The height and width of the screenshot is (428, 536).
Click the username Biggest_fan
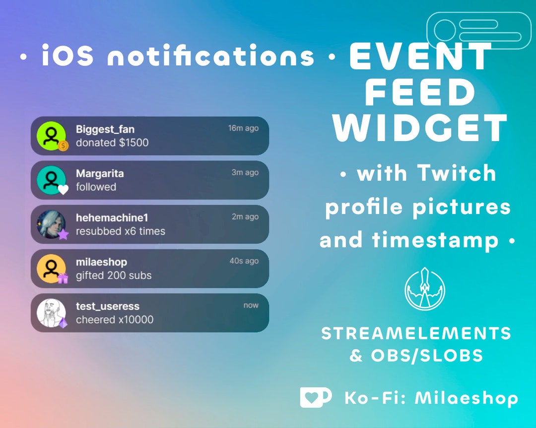[105, 130]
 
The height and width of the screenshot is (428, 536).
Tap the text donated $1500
[112, 143]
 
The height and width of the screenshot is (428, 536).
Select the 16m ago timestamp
[243, 128]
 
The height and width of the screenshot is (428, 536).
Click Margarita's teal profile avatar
[51, 179]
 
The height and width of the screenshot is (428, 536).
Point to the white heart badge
[63, 189]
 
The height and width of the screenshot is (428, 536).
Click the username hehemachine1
[112, 218]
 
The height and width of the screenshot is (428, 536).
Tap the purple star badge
[63, 234]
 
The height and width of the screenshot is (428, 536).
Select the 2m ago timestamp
[245, 217]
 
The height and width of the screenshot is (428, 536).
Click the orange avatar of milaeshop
[51, 268]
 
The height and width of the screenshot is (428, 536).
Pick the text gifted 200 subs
[114, 275]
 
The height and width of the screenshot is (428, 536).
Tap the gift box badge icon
[63, 278]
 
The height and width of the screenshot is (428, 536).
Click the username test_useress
[108, 306]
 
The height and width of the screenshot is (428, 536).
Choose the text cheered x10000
[115, 320]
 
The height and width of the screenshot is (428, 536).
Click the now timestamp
[251, 305]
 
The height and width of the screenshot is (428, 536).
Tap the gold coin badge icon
[63, 146]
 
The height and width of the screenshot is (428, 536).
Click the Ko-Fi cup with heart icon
[315, 397]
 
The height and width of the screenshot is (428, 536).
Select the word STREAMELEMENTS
[416, 333]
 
